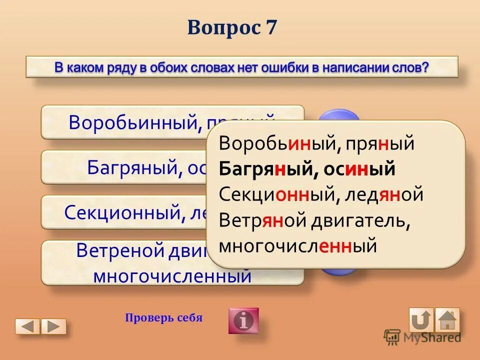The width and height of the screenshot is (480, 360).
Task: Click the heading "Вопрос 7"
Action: coord(231,27)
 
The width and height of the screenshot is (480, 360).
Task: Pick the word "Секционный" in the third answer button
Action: coord(124,212)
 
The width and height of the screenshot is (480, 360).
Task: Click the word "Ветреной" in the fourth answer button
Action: coord(120,250)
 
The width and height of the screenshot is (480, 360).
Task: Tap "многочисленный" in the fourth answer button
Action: coord(172,275)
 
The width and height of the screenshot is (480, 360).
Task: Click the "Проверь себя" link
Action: coord(163,318)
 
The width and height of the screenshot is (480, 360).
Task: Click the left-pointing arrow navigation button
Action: coord(27,326)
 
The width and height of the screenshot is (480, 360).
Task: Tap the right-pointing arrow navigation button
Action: coord(53,326)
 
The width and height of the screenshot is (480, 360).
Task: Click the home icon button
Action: coord(447,319)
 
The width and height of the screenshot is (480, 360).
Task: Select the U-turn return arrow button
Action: coord(421,319)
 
